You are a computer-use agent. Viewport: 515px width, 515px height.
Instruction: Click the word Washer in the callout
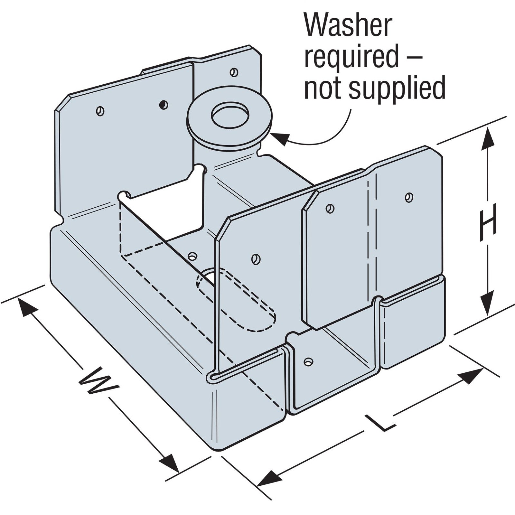(x=349, y=26)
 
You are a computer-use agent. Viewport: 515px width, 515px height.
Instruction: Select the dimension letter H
(x=488, y=222)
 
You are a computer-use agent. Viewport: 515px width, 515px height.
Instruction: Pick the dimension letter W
(x=98, y=382)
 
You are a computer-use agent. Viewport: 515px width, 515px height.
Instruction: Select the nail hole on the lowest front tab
(x=309, y=361)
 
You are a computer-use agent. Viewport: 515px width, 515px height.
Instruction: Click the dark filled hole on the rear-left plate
(x=164, y=104)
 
